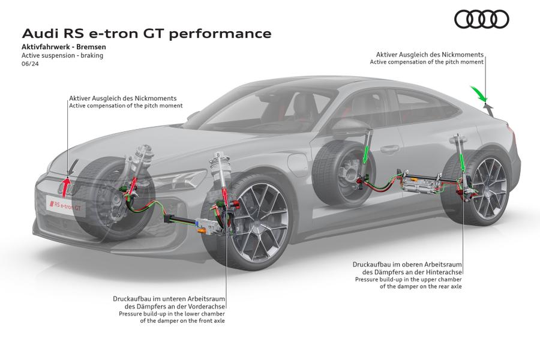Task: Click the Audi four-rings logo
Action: (x=481, y=19)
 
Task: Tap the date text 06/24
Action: (x=29, y=63)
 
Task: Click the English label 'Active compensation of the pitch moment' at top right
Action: (x=427, y=62)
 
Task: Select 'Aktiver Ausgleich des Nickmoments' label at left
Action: (x=123, y=98)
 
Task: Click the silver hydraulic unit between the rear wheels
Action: (x=420, y=180)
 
